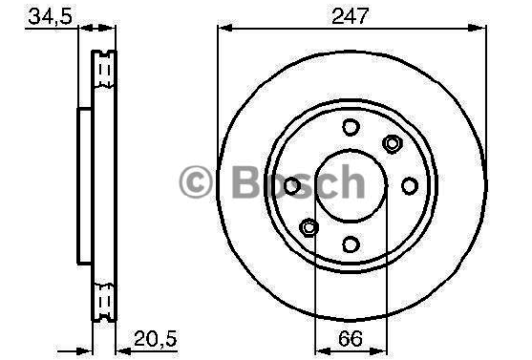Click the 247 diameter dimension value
tap(350, 15)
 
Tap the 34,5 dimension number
tap(51, 16)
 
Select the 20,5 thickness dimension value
tap(155, 338)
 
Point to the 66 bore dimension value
tap(351, 338)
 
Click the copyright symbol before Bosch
tap(196, 181)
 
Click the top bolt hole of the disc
tap(351, 127)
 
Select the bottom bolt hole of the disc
tap(351, 244)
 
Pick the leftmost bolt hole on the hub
tap(291, 185)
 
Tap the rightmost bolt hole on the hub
tap(410, 185)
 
